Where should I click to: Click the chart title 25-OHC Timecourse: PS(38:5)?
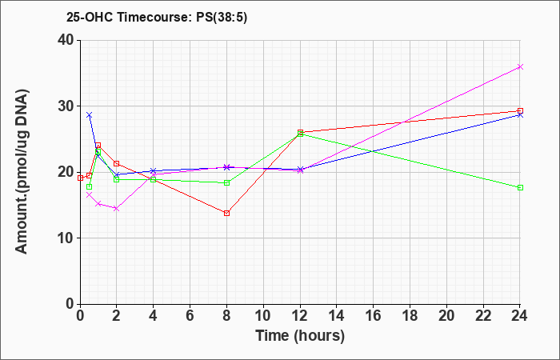tap(157, 18)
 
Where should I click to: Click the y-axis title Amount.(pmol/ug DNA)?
tap(22, 172)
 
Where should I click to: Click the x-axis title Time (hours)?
tap(300, 336)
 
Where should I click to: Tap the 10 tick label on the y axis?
tap(66, 238)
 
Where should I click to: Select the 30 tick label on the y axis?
tap(66, 106)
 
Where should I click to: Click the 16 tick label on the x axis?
tap(374, 316)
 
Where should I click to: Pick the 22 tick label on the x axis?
tap(483, 316)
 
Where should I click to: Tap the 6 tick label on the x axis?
tap(190, 316)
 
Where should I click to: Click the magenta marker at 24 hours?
tap(520, 66)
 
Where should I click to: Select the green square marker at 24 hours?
tap(520, 187)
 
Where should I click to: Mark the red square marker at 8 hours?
tap(226, 214)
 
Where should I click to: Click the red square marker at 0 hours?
tap(80, 178)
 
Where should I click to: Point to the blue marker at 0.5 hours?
tap(90, 115)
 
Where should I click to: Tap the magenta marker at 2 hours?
tap(117, 208)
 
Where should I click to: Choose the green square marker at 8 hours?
tap(226, 183)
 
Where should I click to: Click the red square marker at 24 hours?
tap(520, 111)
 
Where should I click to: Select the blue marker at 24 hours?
tap(520, 115)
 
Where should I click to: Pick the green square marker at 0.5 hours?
tap(90, 186)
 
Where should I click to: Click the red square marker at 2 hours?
tap(117, 163)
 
